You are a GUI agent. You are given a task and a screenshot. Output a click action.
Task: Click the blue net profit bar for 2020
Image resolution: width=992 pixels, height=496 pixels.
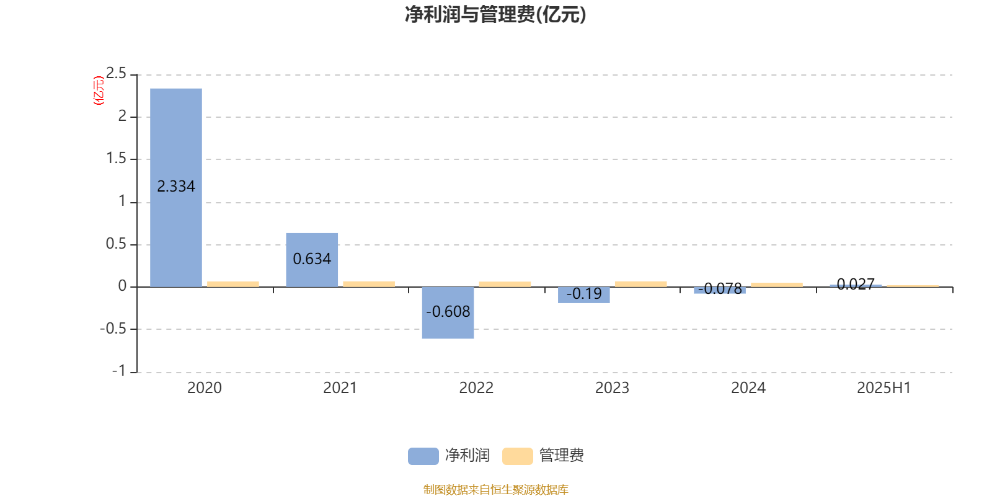176,188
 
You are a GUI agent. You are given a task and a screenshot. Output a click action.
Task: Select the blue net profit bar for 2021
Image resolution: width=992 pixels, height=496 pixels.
312,260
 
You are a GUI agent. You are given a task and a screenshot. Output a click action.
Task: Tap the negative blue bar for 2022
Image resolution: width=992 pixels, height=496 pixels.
448,312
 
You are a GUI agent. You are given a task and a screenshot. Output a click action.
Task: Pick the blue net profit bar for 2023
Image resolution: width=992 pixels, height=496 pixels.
583,295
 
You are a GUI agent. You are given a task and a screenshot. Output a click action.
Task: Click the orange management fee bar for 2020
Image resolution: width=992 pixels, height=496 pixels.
233,285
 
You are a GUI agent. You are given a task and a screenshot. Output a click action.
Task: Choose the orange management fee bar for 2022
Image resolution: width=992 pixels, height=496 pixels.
505,285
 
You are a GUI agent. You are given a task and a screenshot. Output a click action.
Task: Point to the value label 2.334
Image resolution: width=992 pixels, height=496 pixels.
176,187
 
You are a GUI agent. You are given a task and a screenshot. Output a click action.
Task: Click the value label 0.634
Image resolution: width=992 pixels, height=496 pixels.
312,259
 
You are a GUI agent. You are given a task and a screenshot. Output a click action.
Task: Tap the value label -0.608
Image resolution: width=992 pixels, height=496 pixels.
448,312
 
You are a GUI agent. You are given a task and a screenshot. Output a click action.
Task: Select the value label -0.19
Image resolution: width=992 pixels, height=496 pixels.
583,294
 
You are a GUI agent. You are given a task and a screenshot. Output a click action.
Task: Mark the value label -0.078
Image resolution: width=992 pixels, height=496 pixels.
720,289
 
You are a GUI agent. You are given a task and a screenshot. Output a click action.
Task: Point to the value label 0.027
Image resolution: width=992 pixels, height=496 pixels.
856,285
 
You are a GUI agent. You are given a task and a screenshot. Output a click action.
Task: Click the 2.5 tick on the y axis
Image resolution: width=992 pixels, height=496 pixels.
116,73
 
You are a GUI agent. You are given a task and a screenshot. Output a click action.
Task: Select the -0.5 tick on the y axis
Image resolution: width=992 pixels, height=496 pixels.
113,329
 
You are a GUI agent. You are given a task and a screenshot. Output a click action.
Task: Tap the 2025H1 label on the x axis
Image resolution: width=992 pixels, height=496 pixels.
884,388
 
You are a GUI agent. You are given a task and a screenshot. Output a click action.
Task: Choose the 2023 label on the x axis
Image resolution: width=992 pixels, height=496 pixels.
612,388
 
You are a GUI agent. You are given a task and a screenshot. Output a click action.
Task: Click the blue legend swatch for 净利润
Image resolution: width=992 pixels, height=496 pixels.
423,456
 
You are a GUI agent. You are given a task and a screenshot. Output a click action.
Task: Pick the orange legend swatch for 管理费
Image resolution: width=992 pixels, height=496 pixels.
517,456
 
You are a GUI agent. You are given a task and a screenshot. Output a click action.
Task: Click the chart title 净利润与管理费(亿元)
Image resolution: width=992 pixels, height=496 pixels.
495,14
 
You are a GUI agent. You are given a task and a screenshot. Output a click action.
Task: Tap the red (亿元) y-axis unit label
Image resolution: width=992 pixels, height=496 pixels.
99,91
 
